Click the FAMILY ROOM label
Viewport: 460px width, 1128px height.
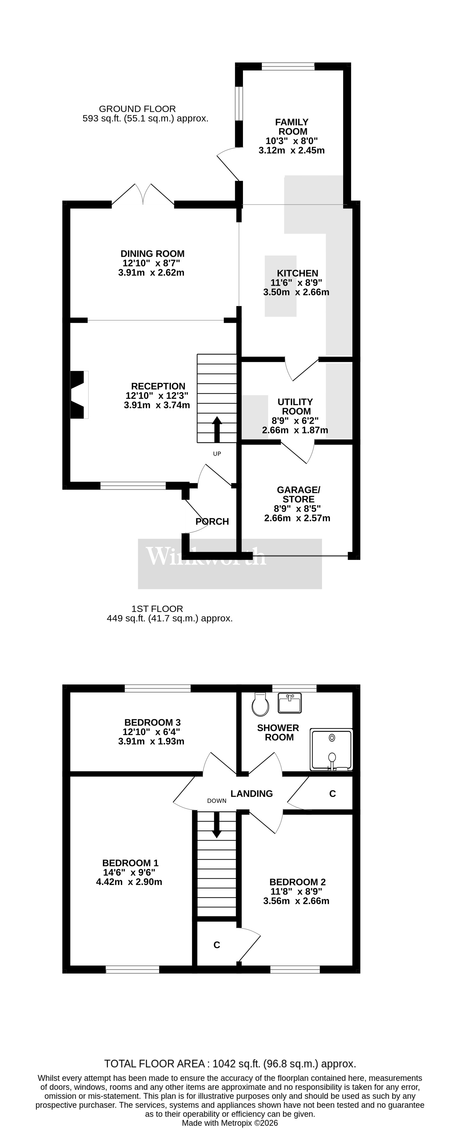pyautogui.click(x=292, y=126)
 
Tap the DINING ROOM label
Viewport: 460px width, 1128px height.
pyautogui.click(x=152, y=253)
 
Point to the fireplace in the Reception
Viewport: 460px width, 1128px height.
pyautogui.click(x=79, y=394)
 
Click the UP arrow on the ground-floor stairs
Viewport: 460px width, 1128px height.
pyautogui.click(x=217, y=429)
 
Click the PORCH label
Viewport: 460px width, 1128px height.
pyautogui.click(x=212, y=521)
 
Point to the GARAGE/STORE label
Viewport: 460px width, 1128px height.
pyautogui.click(x=298, y=494)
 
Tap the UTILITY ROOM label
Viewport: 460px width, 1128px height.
pyautogui.click(x=296, y=406)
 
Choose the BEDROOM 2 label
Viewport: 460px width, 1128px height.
pyautogui.click(x=298, y=882)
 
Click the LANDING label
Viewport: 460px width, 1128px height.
pyautogui.click(x=252, y=794)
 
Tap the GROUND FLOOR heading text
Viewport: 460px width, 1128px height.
pyautogui.click(x=137, y=108)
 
